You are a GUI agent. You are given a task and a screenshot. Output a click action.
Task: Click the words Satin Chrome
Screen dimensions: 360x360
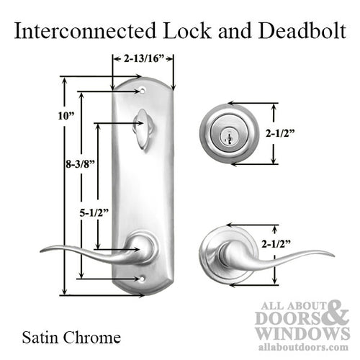click(x=71, y=336)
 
